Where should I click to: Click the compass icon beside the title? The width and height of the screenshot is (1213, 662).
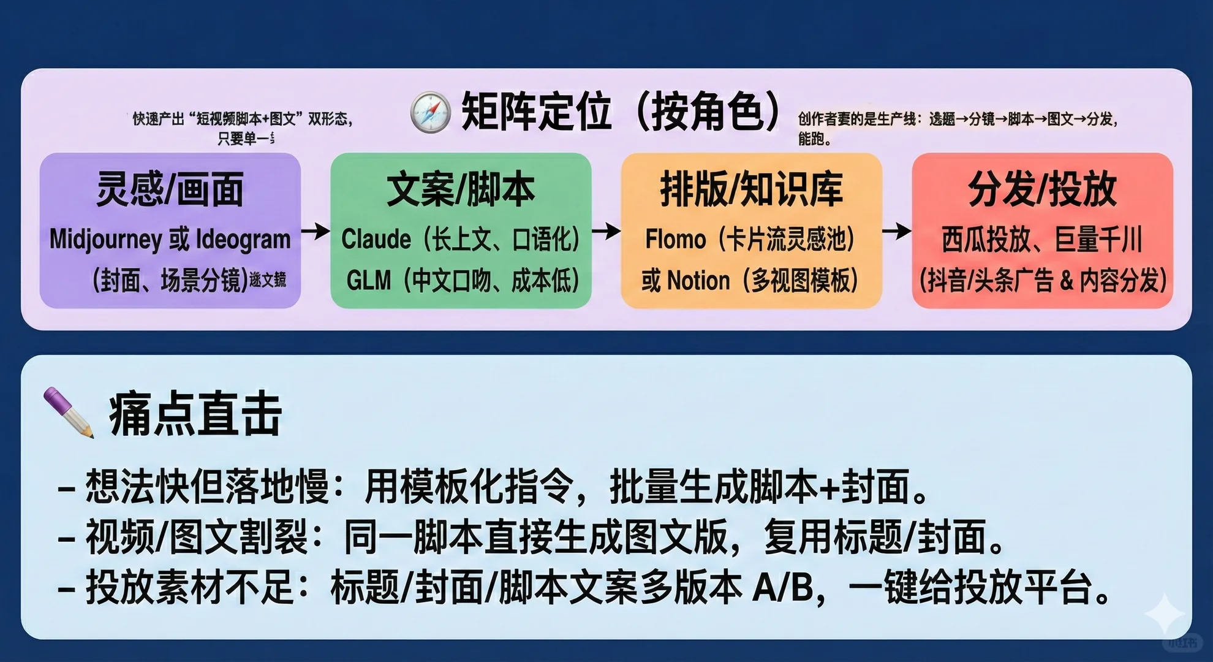pos(431,112)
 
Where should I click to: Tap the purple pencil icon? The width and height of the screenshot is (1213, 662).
pos(69,412)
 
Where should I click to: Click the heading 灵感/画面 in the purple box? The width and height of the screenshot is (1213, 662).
pos(170,189)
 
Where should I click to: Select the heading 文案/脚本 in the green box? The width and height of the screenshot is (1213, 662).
pos(461,189)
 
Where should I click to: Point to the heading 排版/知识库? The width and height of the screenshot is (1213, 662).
pos(751,189)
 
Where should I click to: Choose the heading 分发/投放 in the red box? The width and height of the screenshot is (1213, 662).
pos(1042,189)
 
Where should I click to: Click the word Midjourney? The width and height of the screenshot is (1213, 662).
pos(105,240)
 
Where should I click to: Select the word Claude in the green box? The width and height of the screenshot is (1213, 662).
pos(376,239)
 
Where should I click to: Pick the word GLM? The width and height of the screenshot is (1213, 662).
pos(368,281)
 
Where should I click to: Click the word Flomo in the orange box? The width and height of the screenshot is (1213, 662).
pos(675,239)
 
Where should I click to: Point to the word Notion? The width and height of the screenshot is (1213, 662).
pos(698,281)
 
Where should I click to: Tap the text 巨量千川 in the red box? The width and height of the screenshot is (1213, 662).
pos(1098,239)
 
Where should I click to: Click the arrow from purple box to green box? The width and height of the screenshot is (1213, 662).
pos(316,231)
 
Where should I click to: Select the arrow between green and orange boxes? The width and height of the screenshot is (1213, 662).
pos(606,231)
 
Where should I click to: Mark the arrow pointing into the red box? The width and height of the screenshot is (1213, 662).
pos(896,231)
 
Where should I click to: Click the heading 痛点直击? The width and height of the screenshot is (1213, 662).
pos(195,415)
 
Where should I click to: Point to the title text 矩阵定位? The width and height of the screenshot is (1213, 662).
pos(536,112)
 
